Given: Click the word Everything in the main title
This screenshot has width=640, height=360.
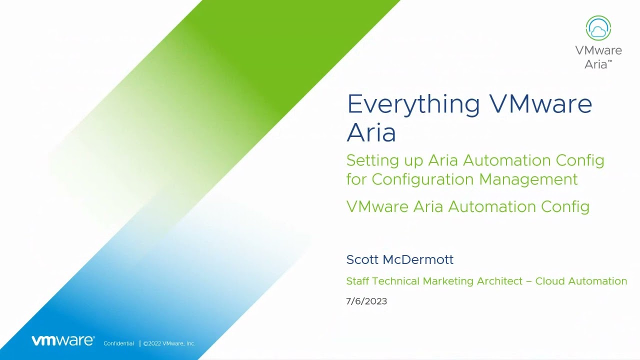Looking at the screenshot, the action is [413, 105].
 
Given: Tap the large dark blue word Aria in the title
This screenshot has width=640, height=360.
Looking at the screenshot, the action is [371, 132].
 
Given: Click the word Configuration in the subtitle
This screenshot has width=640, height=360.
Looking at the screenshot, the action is [423, 179].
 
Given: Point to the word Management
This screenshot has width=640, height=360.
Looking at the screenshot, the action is [528, 179].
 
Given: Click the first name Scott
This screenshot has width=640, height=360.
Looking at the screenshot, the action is [362, 259].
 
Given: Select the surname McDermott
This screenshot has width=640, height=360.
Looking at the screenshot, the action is [418, 259].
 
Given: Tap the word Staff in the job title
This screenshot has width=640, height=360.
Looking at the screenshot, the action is [357, 281].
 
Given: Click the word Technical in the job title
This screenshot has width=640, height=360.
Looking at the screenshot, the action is [395, 281].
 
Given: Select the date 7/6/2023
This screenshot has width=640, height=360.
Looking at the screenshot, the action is [366, 301].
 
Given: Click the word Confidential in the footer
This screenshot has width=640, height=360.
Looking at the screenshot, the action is [118, 343].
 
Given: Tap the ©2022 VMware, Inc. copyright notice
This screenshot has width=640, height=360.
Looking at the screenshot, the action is [169, 343].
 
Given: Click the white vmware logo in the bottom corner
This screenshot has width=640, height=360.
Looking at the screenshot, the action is [63, 340].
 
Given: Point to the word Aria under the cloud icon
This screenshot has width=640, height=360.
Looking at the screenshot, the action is [596, 64].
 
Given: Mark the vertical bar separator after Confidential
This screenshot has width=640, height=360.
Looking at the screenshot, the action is [140, 343].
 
